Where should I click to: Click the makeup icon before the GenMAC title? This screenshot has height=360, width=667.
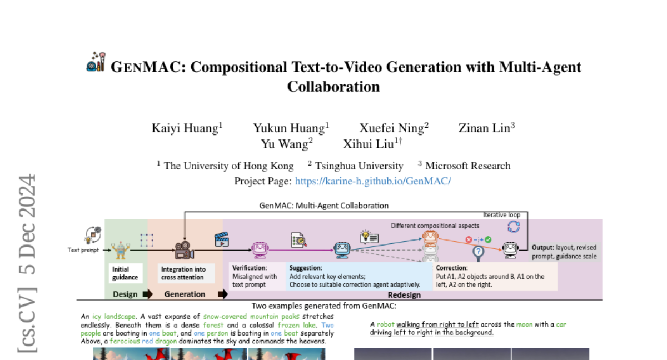[x=96, y=62]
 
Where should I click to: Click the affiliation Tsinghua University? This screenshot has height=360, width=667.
[x=359, y=166]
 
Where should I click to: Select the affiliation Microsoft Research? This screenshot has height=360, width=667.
[x=468, y=166]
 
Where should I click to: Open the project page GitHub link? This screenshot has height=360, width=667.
[x=373, y=181]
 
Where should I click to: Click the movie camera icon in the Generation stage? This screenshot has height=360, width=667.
[x=185, y=250]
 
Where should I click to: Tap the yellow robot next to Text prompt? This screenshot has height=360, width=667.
[x=120, y=250]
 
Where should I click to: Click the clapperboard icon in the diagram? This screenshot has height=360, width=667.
[x=222, y=239]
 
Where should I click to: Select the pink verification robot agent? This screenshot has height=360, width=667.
[x=260, y=249]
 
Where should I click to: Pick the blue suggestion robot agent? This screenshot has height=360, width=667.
[x=342, y=249]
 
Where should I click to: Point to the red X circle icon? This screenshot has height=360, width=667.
[x=469, y=239]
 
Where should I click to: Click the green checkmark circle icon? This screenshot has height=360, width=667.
[x=488, y=239]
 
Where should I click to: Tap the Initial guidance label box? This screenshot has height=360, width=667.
[x=126, y=273]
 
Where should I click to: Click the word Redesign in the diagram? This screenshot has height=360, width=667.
[x=404, y=295]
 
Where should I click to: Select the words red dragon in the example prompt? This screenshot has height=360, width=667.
[x=160, y=341]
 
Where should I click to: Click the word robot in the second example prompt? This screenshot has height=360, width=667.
[x=385, y=324]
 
